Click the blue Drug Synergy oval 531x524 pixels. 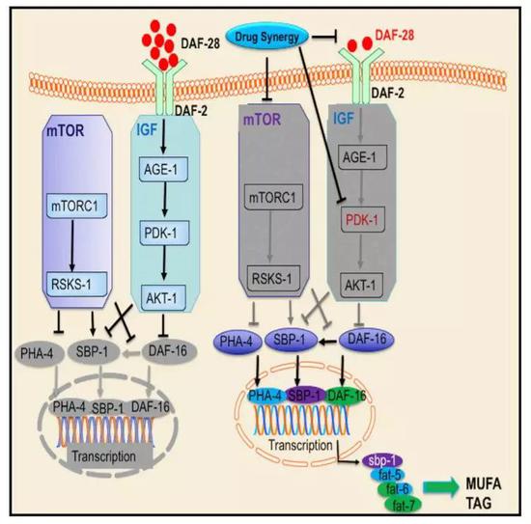[x=267, y=38]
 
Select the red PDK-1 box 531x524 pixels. [x=363, y=220]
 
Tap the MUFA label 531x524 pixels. [x=484, y=484]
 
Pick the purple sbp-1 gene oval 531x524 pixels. [x=382, y=460]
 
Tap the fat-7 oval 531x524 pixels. [x=403, y=505]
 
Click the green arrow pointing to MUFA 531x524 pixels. [x=441, y=487]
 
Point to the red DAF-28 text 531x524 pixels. [x=395, y=35]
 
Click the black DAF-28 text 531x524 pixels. [x=201, y=43]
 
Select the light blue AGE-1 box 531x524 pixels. [x=164, y=169]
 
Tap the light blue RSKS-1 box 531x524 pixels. [x=76, y=284]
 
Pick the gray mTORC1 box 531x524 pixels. [x=273, y=198]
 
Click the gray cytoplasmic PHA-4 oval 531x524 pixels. [x=38, y=354]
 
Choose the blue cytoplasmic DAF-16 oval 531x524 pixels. [x=367, y=339]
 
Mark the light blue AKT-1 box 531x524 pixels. [x=163, y=298]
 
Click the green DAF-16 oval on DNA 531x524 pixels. [x=346, y=396]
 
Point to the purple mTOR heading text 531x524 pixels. [x=262, y=120]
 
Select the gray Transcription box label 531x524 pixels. [x=104, y=456]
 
